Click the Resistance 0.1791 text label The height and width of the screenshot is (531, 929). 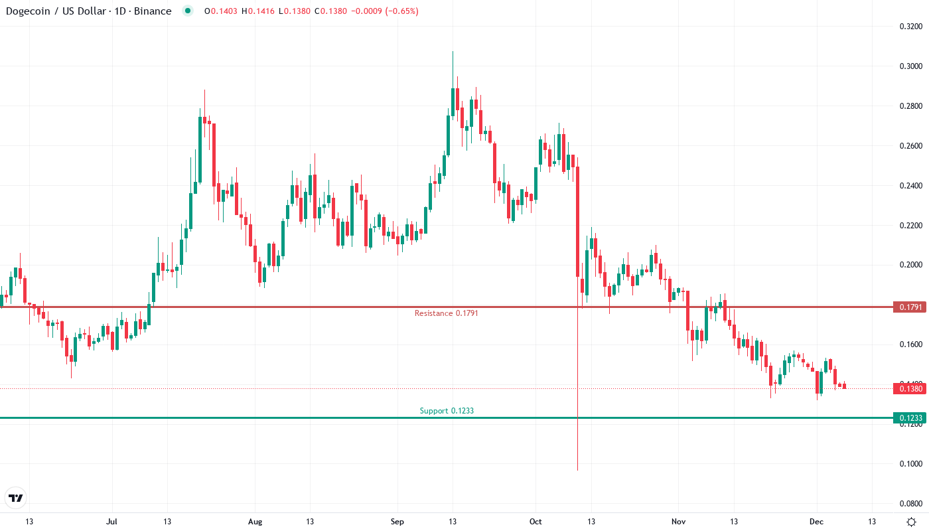click(446, 313)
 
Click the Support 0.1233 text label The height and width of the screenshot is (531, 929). click(447, 411)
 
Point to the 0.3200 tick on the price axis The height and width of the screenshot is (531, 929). click(910, 27)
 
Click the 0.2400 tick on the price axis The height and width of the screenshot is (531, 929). click(910, 186)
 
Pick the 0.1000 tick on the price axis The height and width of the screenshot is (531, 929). click(910, 464)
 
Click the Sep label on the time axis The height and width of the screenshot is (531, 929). click(397, 522)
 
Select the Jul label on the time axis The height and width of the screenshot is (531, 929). click(111, 522)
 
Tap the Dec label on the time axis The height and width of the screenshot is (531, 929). click(816, 522)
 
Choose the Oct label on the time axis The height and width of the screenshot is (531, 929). click(536, 522)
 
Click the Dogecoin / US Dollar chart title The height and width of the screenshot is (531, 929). click(86, 11)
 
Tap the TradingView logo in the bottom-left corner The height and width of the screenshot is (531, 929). click(16, 497)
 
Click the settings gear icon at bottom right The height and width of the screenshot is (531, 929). click(912, 522)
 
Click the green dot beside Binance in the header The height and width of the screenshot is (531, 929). click(188, 11)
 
